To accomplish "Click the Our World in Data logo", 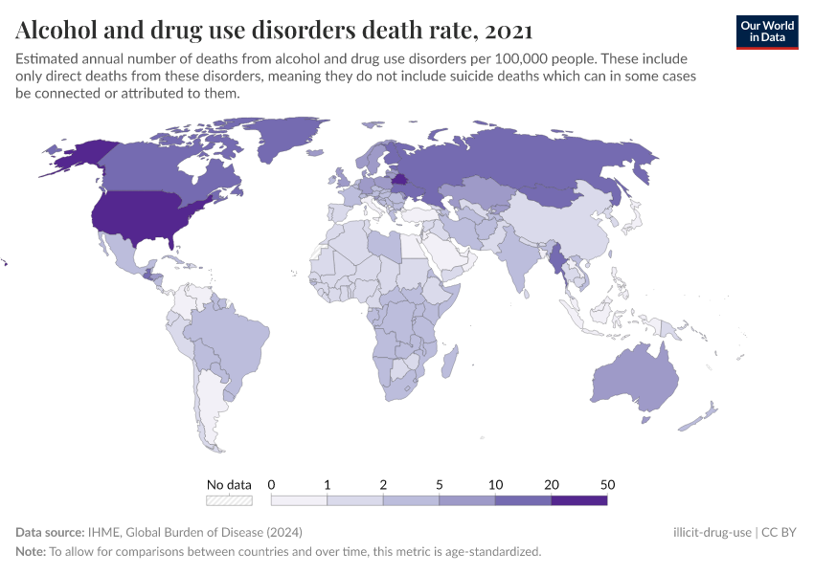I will (766, 31).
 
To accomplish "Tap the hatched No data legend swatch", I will (229, 499).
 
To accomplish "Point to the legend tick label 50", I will (607, 484).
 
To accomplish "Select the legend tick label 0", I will (271, 484).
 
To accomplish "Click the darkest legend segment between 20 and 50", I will (578, 499).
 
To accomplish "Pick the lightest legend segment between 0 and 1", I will (299, 499).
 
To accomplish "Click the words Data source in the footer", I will (50, 532).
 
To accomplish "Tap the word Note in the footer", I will (31, 551).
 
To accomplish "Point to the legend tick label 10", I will (495, 484).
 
